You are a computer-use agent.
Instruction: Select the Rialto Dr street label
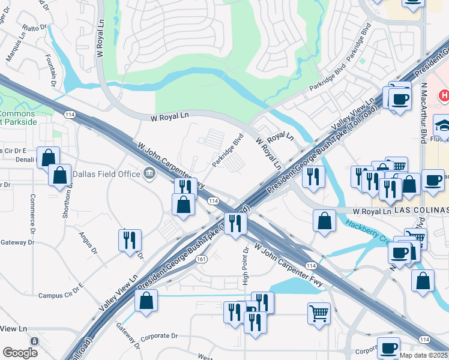[34, 28]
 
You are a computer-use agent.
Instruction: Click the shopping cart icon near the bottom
[319, 312]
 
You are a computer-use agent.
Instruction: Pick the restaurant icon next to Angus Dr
[130, 241]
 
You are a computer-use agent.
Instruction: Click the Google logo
[20, 353]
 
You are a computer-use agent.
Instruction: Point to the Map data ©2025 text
[424, 355]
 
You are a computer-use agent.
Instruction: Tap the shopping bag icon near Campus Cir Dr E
[146, 301]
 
